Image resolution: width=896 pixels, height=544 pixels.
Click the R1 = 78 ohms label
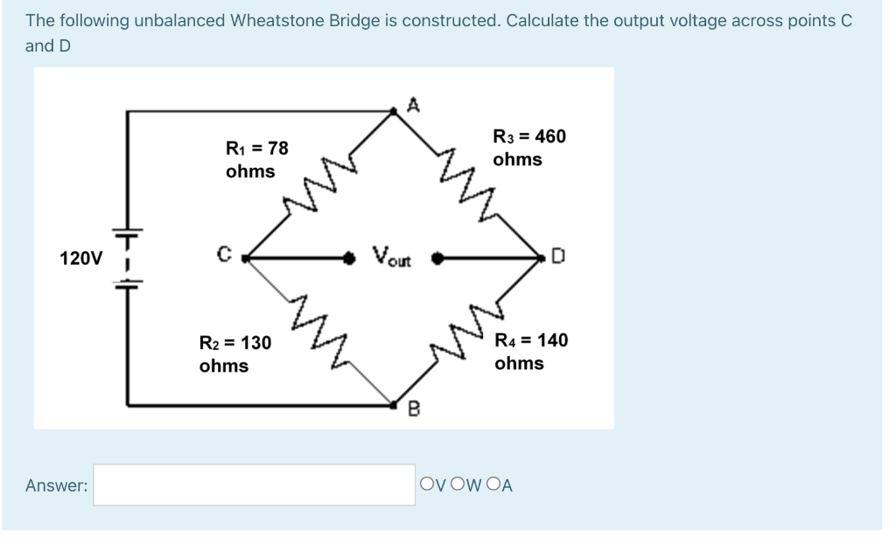click(x=256, y=159)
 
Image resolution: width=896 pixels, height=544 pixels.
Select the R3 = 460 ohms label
click(x=528, y=147)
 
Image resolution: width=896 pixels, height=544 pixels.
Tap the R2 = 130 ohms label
click(x=234, y=353)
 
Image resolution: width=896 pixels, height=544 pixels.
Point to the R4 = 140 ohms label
click(x=530, y=351)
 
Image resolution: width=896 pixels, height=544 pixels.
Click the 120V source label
click(x=80, y=259)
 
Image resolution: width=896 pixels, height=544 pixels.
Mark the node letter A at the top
click(x=415, y=106)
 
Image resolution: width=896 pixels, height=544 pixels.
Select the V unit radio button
click(x=427, y=484)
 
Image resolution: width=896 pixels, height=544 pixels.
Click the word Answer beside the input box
click(x=56, y=485)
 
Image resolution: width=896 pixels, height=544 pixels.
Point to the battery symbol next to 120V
click(x=128, y=259)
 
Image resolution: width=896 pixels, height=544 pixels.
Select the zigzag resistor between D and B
click(x=466, y=333)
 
